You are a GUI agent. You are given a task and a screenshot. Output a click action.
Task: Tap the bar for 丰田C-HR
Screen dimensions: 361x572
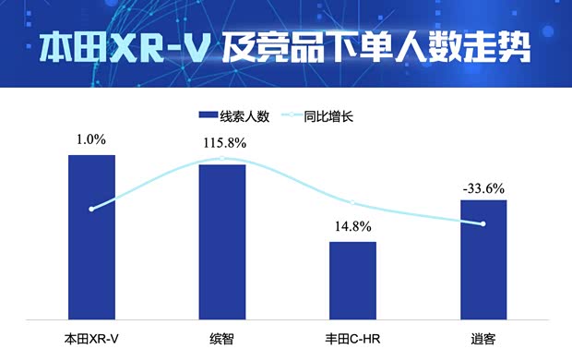(x=353, y=281)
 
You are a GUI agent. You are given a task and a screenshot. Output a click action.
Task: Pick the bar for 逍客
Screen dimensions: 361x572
(x=483, y=259)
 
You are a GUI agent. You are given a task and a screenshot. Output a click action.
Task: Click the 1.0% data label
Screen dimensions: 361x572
(x=91, y=139)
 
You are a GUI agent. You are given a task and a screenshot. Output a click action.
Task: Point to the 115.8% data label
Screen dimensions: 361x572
(x=222, y=145)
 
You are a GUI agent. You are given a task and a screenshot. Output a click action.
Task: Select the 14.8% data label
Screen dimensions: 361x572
(x=353, y=226)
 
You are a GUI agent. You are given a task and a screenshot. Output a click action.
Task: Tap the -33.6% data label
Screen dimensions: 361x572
(x=483, y=188)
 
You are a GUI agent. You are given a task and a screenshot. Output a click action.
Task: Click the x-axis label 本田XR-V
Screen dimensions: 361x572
(x=91, y=339)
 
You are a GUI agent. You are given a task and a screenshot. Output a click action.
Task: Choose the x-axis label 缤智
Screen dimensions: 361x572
(x=222, y=339)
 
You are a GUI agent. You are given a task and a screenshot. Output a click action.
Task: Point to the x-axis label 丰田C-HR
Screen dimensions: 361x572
(x=353, y=339)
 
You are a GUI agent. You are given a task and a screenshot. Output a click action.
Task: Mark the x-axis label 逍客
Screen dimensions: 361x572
(x=483, y=339)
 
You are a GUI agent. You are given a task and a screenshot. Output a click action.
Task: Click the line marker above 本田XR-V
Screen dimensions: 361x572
(x=91, y=209)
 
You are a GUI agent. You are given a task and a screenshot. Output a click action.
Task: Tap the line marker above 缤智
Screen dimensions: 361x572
(x=222, y=158)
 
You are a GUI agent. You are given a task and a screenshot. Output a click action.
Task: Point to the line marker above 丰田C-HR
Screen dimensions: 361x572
(x=353, y=202)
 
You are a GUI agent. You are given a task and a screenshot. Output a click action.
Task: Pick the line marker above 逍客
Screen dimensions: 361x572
(x=483, y=223)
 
